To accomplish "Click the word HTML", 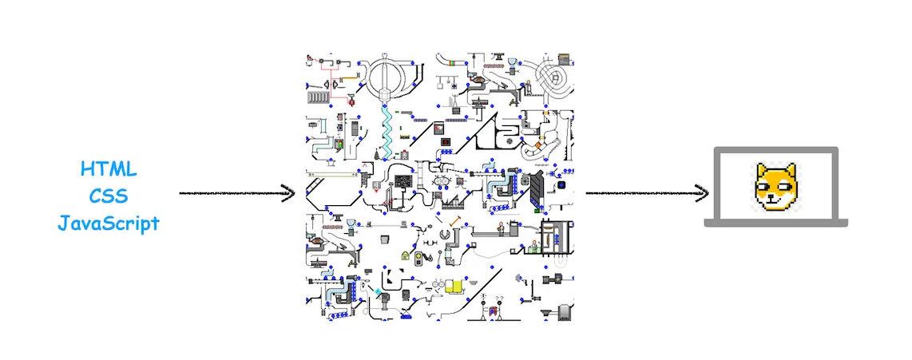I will click(x=109, y=169).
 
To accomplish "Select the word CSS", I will click(x=109, y=196).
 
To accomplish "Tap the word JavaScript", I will click(x=109, y=224).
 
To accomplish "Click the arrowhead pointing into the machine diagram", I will click(x=289, y=192).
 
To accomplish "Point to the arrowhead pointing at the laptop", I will click(x=703, y=192).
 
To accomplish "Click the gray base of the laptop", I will click(x=775, y=224).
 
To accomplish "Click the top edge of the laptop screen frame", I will click(x=775, y=149).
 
